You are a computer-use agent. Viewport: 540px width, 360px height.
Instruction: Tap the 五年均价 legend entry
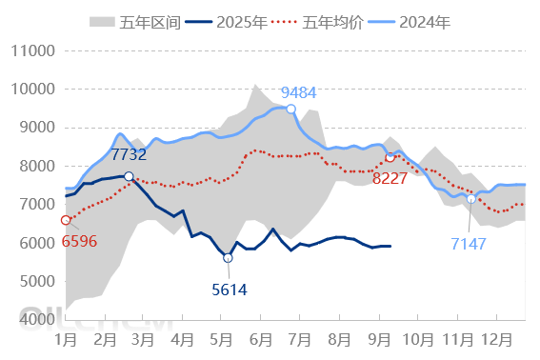pos(316,21)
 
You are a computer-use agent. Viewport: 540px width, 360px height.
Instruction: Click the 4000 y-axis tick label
pos(33,319)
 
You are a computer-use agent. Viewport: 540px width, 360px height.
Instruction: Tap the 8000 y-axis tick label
pos(33,166)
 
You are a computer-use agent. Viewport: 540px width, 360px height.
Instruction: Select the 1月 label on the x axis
pos(66,339)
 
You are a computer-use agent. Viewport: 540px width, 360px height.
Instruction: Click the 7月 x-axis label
pos(301,339)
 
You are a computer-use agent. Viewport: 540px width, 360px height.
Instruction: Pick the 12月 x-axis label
pos(497,339)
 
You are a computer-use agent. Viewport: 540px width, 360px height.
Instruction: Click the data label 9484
pos(299,92)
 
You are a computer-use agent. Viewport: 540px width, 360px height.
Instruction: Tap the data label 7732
pos(130,154)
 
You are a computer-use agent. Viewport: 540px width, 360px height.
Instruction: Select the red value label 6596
pos(79,241)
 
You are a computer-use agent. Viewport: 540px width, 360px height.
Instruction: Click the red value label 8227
pos(390,178)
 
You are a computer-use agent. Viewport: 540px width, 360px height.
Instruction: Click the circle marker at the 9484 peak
pos(290,109)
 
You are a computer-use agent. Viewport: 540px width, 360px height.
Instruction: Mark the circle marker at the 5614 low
pos(228,258)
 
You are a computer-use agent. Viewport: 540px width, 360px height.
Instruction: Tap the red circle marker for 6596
pos(66,220)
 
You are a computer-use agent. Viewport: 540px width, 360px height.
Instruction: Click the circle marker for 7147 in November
pos(470,199)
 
